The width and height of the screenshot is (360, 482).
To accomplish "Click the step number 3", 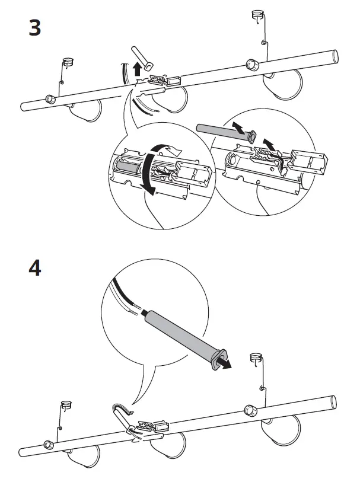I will pos(35,28).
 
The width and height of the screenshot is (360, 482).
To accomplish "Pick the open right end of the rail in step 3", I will pos(336,56).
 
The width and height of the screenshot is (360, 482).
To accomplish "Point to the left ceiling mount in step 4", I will pos(67,406).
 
